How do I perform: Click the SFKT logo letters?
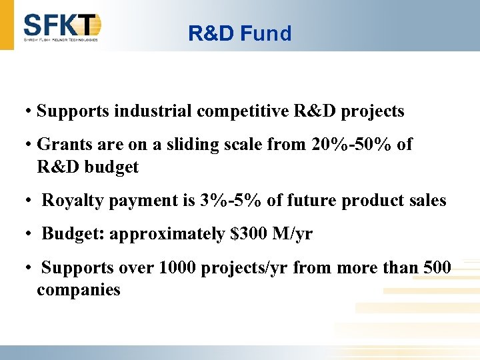pyautogui.click(x=61, y=25)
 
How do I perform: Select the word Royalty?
pyautogui.click(x=70, y=201)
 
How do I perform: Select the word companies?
pyautogui.click(x=79, y=290)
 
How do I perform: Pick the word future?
pyautogui.click(x=297, y=201)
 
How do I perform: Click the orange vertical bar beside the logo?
pyautogui.click(x=7, y=25)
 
